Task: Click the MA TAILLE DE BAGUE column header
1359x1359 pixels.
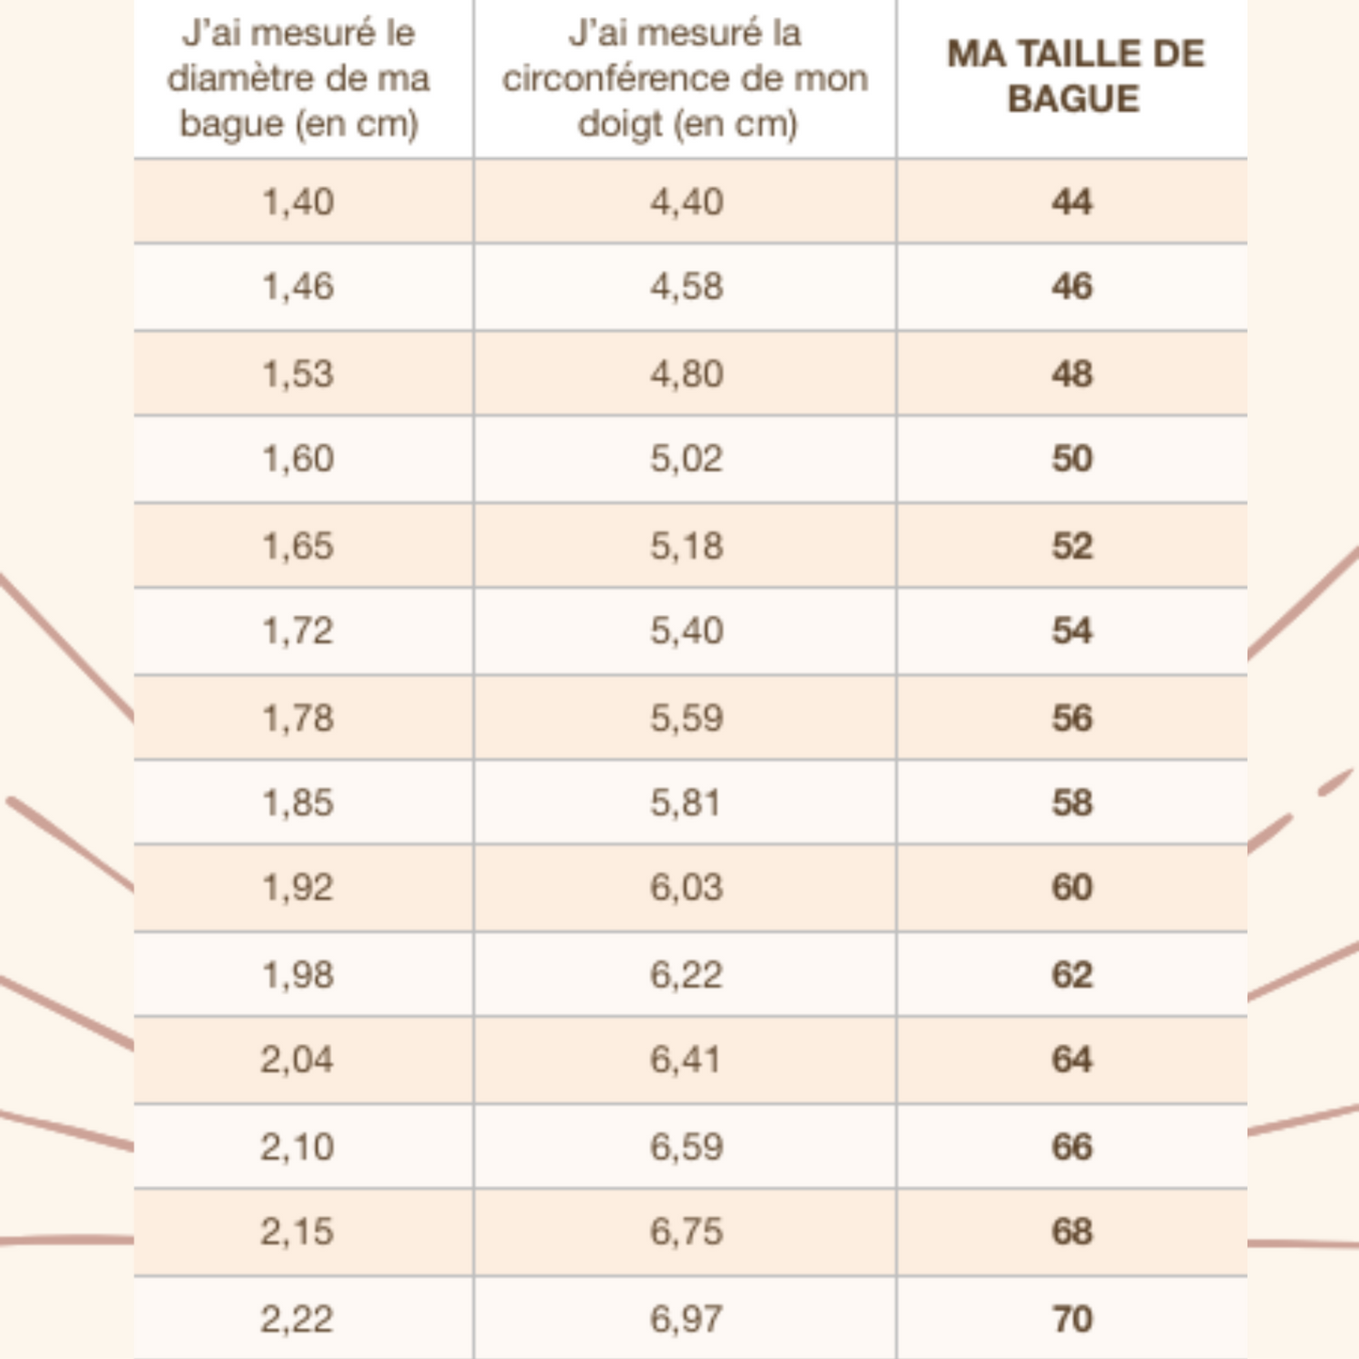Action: (x=1074, y=76)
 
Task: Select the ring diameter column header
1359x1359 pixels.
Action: (x=298, y=78)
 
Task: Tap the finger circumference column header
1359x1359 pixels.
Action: (x=686, y=78)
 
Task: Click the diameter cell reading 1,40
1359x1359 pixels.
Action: (x=298, y=202)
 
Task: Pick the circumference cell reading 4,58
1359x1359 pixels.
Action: (x=687, y=287)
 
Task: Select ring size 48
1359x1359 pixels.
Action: (x=1072, y=374)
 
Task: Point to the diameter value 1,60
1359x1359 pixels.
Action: (x=298, y=459)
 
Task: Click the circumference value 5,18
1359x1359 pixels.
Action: (x=687, y=546)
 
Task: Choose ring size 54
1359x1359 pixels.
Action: (x=1072, y=631)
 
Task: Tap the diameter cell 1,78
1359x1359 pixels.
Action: (x=298, y=719)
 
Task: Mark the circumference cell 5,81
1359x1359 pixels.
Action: (x=686, y=803)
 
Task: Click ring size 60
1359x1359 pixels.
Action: (x=1072, y=888)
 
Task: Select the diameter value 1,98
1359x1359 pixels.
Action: (x=298, y=975)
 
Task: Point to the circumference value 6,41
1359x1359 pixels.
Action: (x=686, y=1060)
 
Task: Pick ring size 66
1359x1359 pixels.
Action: (x=1072, y=1147)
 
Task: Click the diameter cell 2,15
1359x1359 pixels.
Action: (x=297, y=1232)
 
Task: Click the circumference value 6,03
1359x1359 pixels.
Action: (x=687, y=888)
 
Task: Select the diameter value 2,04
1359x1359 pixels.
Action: (x=297, y=1060)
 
